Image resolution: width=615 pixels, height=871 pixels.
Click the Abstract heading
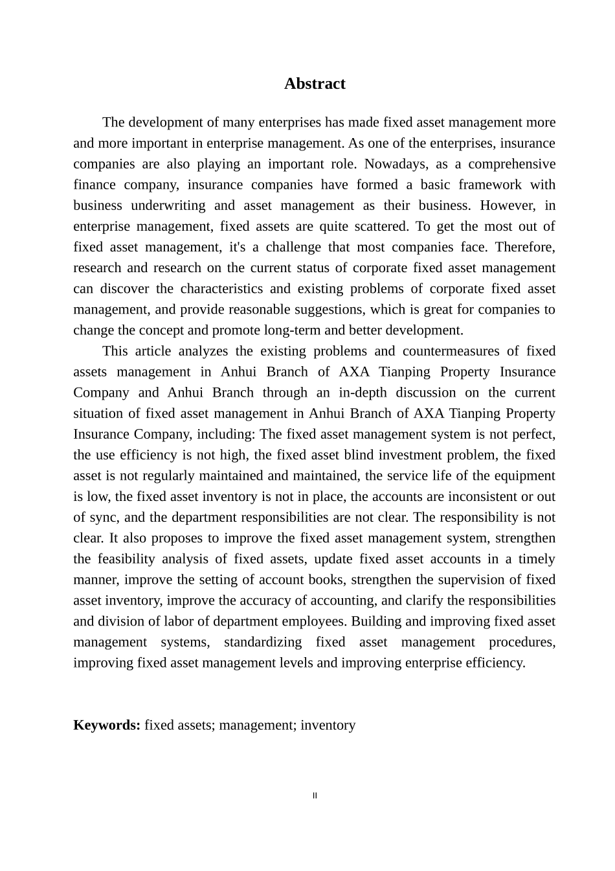point(315,84)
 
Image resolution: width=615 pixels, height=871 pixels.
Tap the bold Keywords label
point(107,725)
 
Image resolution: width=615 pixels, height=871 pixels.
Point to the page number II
point(315,796)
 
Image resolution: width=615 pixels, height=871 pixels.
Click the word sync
point(105,517)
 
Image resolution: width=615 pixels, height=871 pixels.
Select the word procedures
point(522,642)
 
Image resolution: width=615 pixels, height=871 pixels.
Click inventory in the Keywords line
point(328,725)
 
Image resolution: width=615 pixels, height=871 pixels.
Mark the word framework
point(490,185)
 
